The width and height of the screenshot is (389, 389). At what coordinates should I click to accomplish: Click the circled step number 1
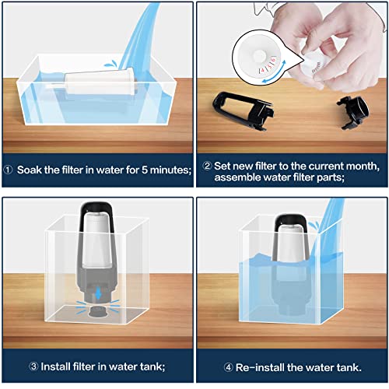tap(8, 170)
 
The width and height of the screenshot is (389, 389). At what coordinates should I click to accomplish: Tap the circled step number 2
tap(207, 166)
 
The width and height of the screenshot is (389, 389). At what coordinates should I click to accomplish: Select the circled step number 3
tap(33, 366)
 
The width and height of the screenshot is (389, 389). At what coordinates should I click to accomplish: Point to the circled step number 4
tap(228, 367)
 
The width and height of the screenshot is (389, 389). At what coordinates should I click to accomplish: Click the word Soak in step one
tap(29, 170)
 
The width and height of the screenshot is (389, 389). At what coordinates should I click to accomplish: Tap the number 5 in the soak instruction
tap(145, 170)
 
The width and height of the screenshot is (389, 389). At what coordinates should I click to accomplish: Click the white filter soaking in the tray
tap(100, 82)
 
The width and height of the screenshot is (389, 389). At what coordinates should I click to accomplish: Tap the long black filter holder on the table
tap(244, 111)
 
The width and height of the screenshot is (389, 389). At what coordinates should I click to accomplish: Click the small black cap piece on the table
tap(354, 112)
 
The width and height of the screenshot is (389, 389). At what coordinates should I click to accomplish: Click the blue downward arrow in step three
tap(98, 293)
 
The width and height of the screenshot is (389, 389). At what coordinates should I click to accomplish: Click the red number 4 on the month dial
tap(262, 70)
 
